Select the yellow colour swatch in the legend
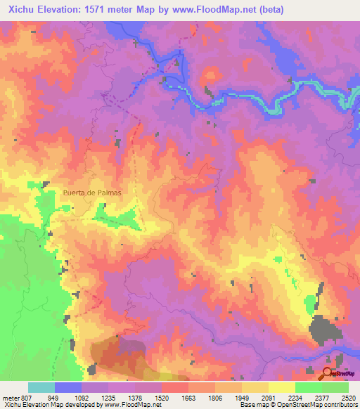point(281,387)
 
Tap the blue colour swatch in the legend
point(68,387)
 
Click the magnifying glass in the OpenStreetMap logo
point(328,372)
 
